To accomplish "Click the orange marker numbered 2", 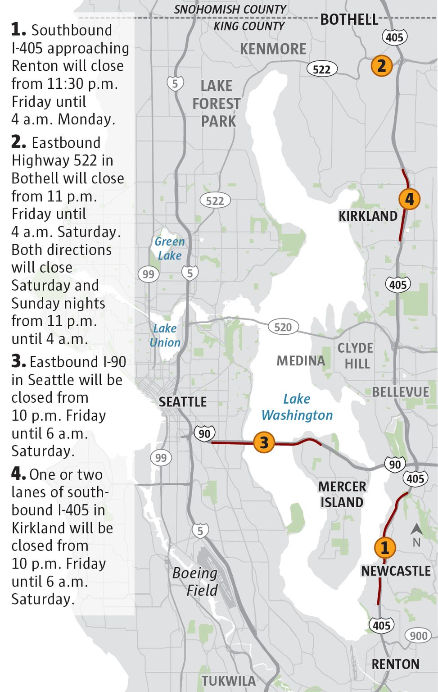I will (x=381, y=66).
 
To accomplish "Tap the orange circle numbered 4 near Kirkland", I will (x=409, y=199).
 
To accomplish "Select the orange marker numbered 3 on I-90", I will (x=264, y=442).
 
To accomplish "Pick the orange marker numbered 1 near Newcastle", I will (x=384, y=547).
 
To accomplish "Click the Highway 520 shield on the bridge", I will (x=283, y=327).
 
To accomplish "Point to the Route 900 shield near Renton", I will (x=418, y=636).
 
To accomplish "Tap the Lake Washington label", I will (x=297, y=407).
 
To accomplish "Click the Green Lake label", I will (x=170, y=248).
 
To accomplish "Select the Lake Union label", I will (x=165, y=335).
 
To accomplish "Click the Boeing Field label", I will (x=195, y=581).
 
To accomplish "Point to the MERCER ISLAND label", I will (x=342, y=494).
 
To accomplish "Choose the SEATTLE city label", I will (x=182, y=402).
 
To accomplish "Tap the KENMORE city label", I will (x=273, y=49).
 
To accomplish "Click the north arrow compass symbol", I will (x=416, y=535).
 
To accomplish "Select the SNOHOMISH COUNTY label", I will (x=230, y=9).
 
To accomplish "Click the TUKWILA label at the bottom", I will (x=228, y=681).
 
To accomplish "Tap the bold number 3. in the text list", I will (x=18, y=361).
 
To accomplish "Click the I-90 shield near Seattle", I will (x=204, y=433).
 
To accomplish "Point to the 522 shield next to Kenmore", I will (x=321, y=69).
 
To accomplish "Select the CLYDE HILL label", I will (x=355, y=355).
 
